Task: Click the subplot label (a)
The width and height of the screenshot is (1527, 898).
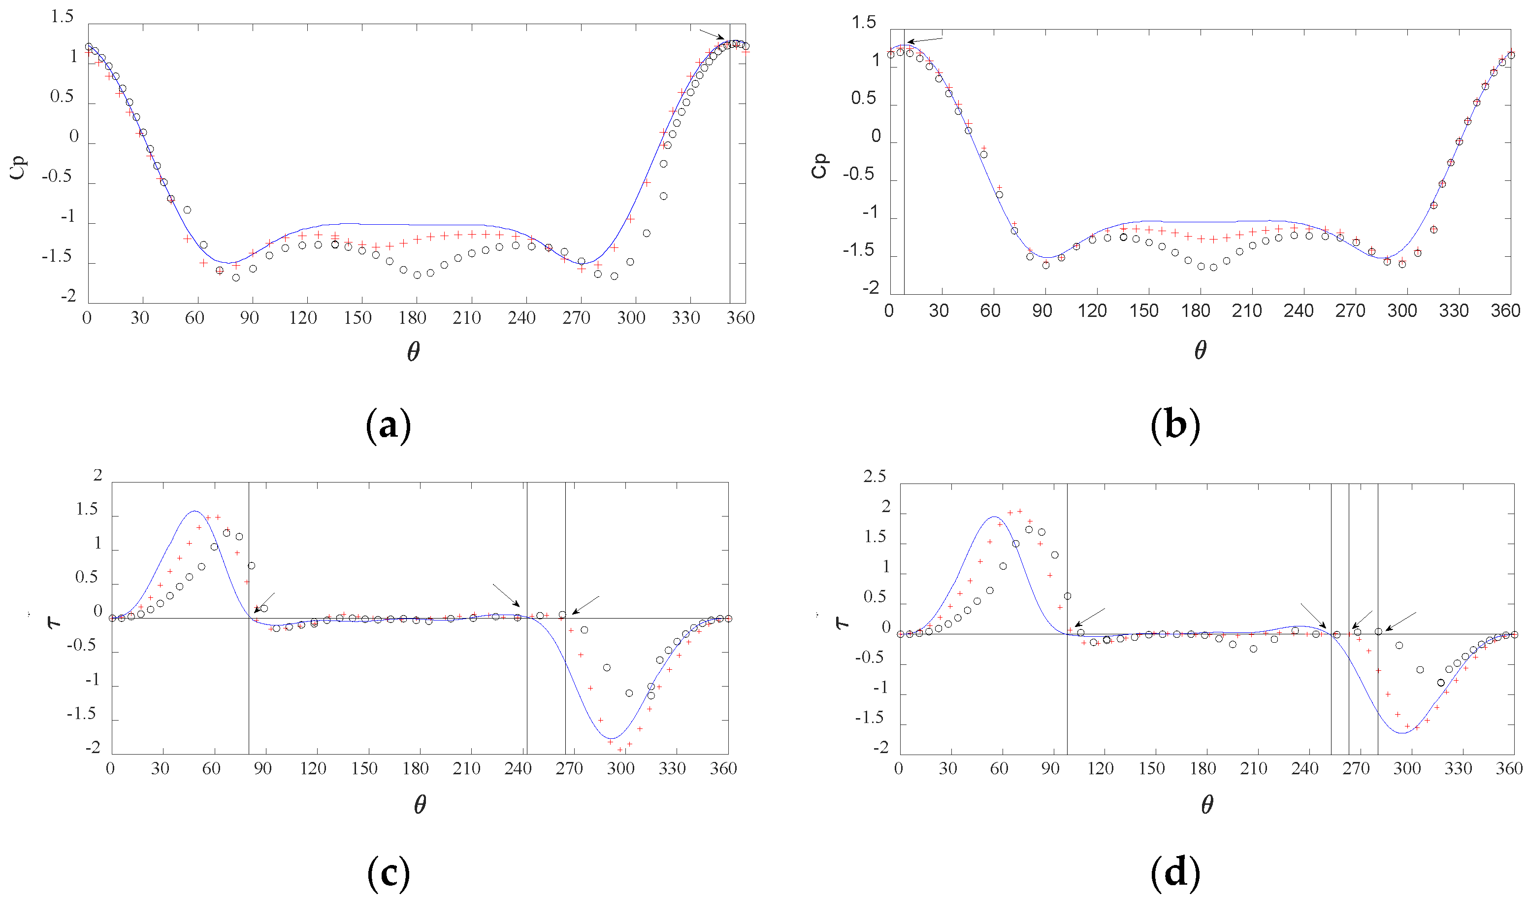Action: (389, 426)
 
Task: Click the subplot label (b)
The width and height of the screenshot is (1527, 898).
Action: (1175, 426)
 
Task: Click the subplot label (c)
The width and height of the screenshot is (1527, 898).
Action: (389, 874)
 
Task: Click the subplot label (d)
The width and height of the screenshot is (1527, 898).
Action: (1175, 874)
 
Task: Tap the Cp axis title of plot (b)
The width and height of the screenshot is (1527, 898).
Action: (819, 166)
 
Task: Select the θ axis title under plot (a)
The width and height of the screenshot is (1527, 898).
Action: (413, 351)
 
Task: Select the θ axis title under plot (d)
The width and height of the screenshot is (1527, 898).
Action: (1206, 805)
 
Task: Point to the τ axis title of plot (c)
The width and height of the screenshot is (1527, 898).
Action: (53, 622)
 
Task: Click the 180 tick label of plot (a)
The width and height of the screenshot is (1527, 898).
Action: (412, 318)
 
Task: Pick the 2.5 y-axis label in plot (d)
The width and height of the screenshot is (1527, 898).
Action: (875, 477)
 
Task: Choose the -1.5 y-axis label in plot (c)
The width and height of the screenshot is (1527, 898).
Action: (82, 714)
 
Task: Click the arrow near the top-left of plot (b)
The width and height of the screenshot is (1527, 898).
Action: (925, 40)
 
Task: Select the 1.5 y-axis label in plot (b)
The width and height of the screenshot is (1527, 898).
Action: (864, 23)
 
